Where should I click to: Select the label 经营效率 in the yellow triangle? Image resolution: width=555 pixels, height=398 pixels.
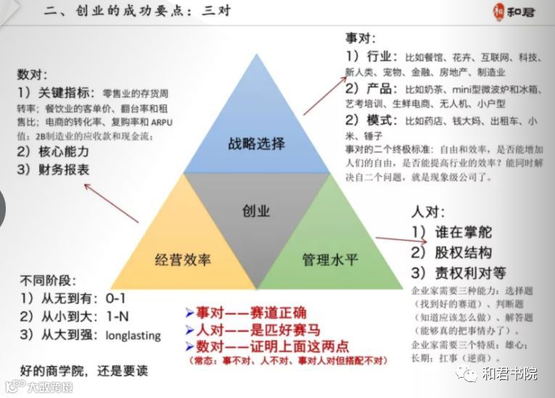coord(182,259)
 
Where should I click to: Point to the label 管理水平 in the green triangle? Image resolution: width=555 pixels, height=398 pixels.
coord(329,259)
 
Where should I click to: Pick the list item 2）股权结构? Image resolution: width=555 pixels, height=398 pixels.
coord(451,252)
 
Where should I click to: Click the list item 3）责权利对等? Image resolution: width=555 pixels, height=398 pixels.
coord(459,273)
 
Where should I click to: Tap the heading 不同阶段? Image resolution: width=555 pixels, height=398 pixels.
coord(48,281)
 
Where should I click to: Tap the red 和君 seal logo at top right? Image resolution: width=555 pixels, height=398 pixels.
coord(497,13)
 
